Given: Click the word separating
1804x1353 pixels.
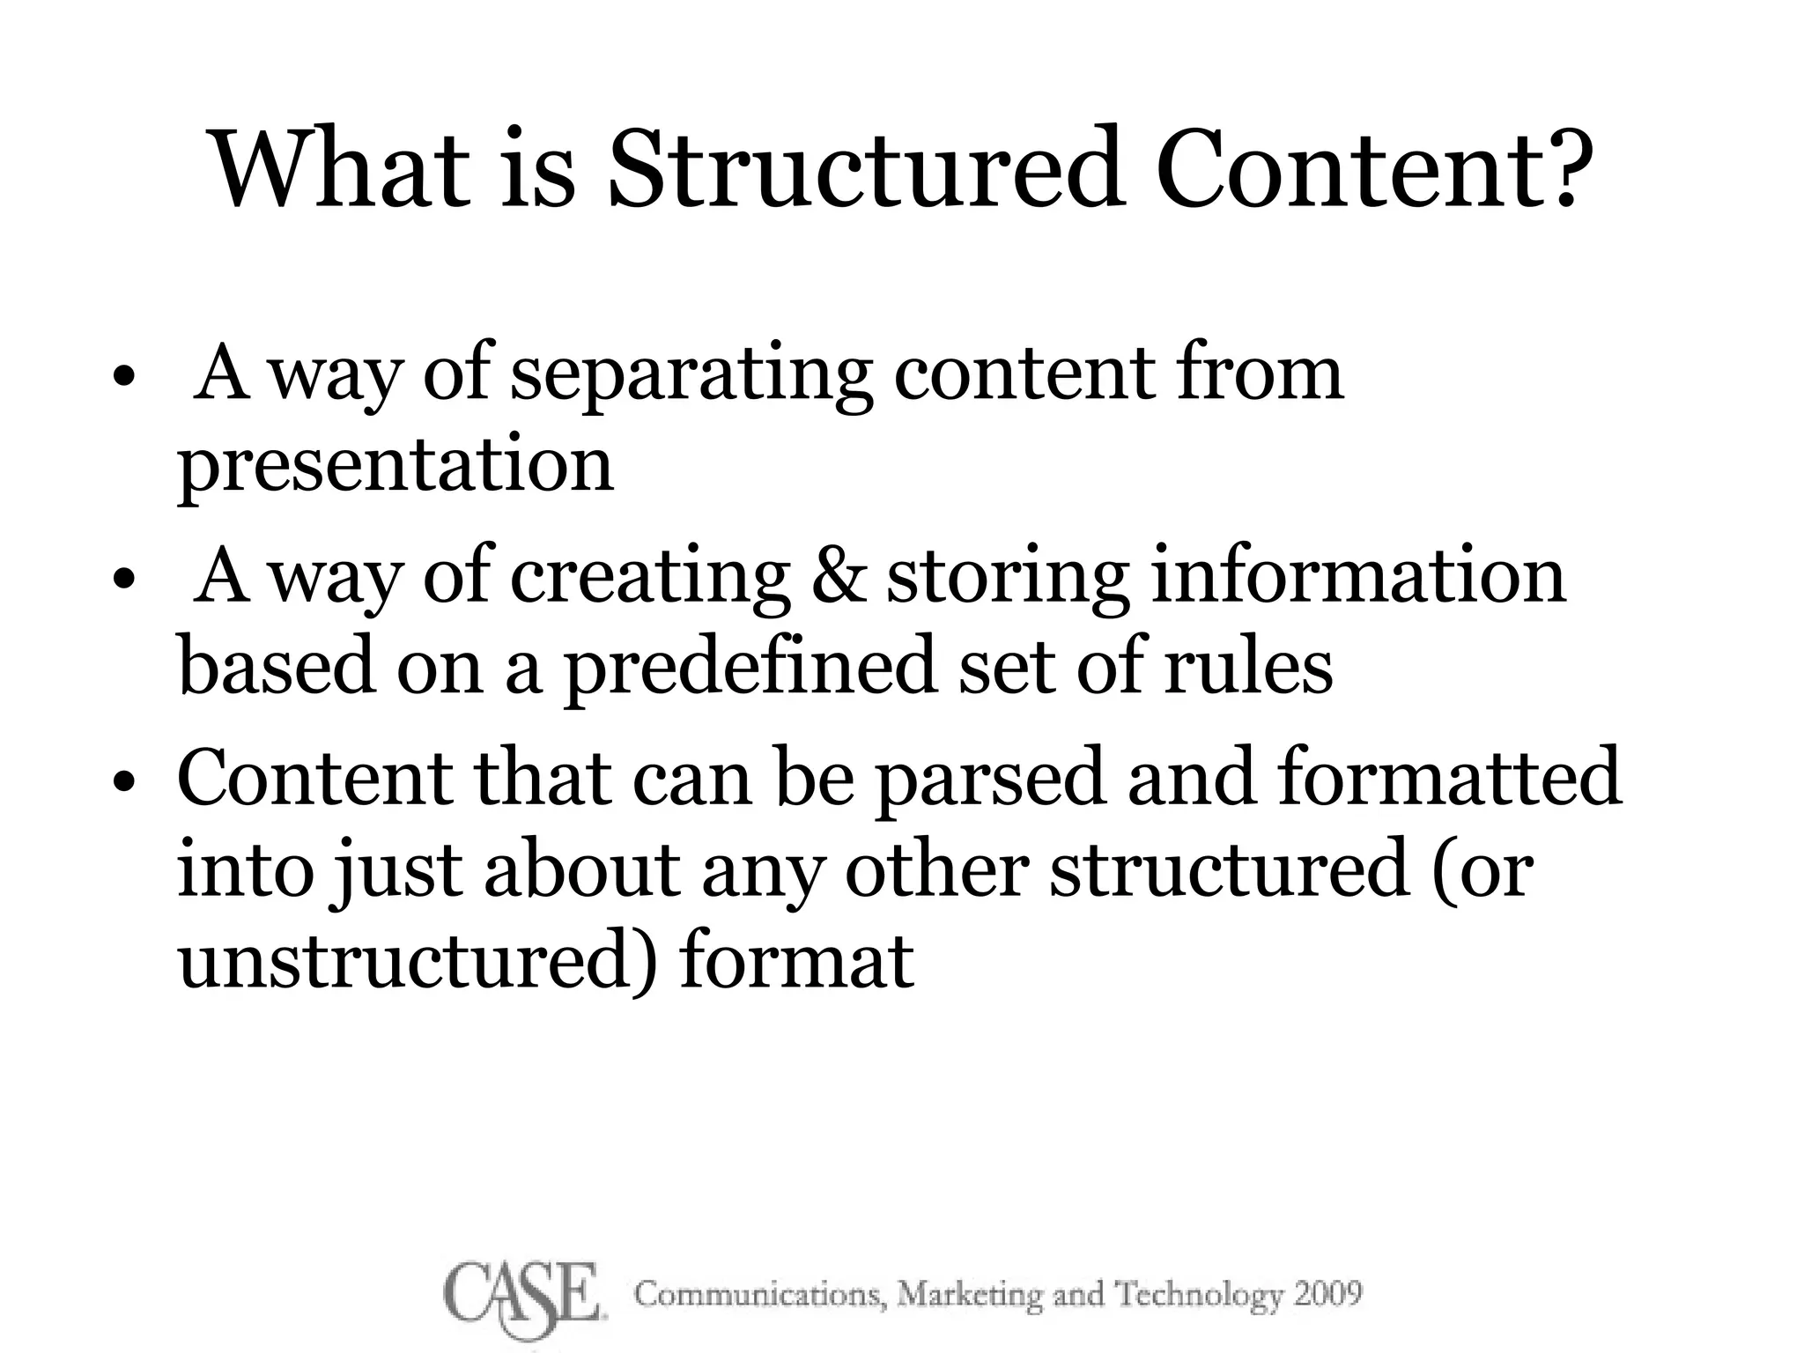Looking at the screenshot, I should [x=691, y=377].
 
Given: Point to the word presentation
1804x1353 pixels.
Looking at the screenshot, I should [x=396, y=467].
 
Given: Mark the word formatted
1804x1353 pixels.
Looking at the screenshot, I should [x=1448, y=777].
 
